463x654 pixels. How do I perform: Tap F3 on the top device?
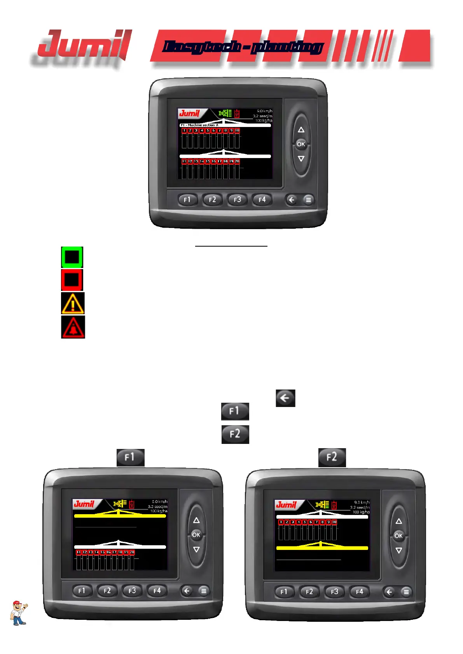(237, 200)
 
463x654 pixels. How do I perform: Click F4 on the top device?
(262, 200)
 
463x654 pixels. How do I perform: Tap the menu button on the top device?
(308, 200)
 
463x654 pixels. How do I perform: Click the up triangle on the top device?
(301, 130)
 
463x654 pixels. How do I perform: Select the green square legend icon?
(72, 257)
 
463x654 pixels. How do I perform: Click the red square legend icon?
(72, 280)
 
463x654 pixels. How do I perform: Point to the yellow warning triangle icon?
(73, 303)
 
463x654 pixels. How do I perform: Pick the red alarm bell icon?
(73, 327)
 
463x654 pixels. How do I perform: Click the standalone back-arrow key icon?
(285, 398)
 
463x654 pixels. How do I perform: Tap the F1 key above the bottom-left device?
(130, 457)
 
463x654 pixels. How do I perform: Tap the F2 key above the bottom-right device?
(332, 457)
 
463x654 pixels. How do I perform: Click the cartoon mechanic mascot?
(19, 613)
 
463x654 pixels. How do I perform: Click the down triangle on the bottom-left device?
(196, 550)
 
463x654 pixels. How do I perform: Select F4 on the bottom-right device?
(359, 592)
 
